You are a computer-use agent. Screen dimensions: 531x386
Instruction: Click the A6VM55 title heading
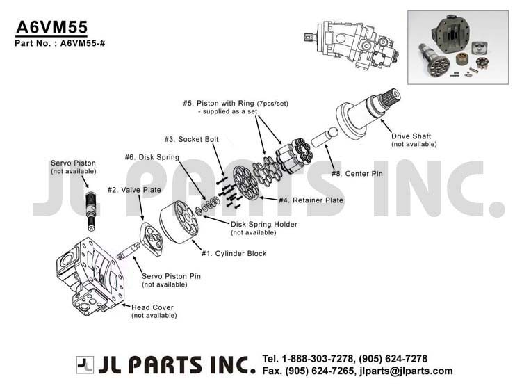[52, 27]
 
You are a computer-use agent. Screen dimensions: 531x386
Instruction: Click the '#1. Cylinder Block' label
[234, 253]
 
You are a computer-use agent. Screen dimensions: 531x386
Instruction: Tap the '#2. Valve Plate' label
[134, 190]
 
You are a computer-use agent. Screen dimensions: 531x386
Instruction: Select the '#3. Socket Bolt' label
[192, 139]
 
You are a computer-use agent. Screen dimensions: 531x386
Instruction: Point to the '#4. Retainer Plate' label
[311, 200]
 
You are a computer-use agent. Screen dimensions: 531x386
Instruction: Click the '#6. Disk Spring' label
[152, 157]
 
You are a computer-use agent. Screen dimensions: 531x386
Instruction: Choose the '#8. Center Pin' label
[357, 174]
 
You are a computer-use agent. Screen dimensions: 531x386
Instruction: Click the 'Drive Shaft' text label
[411, 136]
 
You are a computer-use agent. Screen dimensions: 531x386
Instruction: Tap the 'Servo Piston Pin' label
[171, 276]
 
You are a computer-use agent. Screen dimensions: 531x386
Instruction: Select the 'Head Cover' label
[152, 307]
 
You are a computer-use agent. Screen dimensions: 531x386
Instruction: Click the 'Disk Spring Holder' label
[264, 225]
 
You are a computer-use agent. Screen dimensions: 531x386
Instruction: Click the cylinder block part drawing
[179, 222]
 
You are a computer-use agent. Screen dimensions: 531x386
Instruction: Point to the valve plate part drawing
[151, 239]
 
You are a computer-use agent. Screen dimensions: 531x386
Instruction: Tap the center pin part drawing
[325, 136]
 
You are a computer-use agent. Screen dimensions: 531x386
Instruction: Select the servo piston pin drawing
[129, 251]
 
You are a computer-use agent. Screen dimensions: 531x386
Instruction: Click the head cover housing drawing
[90, 276]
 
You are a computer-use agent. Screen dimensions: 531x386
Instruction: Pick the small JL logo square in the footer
[85, 365]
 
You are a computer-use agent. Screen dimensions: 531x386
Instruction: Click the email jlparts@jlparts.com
[406, 371]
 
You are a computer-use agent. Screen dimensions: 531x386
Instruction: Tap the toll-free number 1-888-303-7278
[318, 359]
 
